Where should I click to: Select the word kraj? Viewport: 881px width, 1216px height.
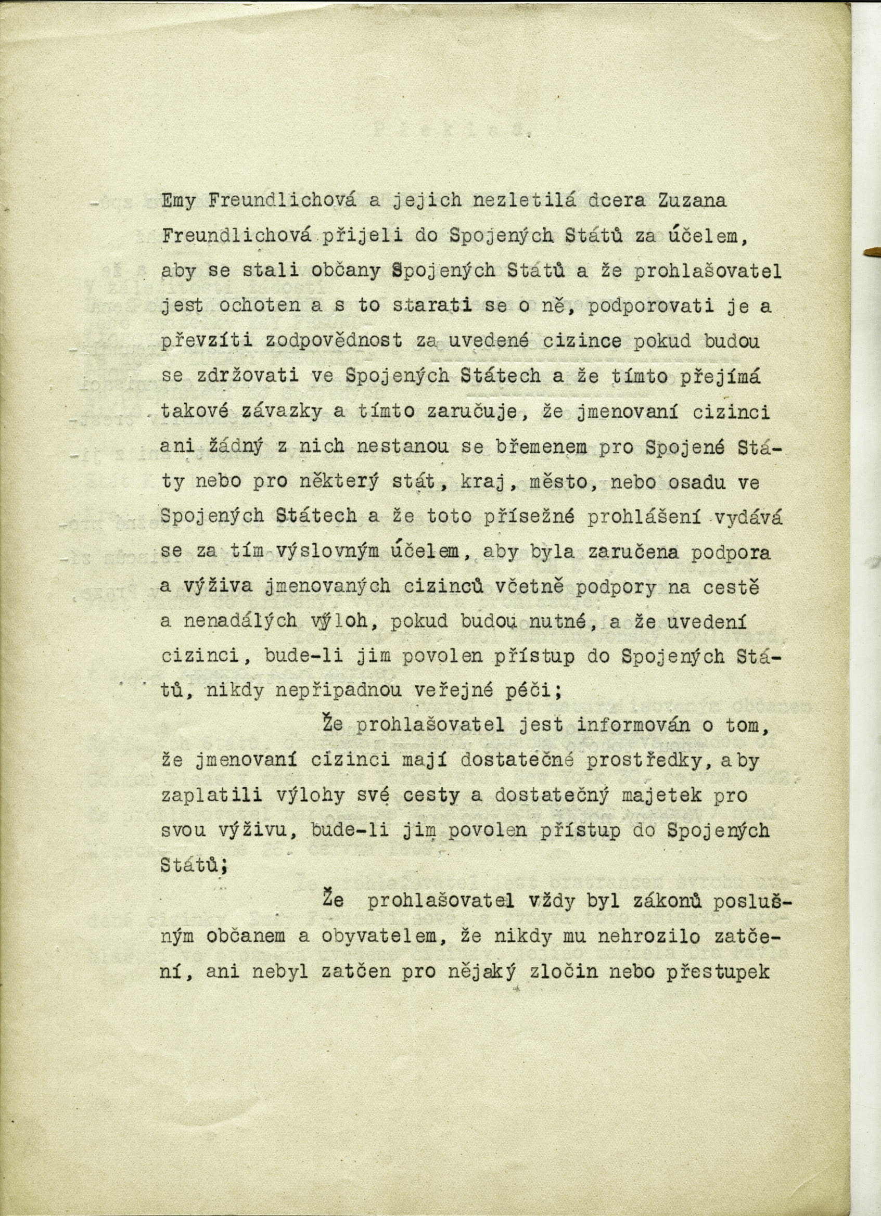[481, 482]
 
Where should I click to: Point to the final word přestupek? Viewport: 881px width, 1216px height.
[718, 972]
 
